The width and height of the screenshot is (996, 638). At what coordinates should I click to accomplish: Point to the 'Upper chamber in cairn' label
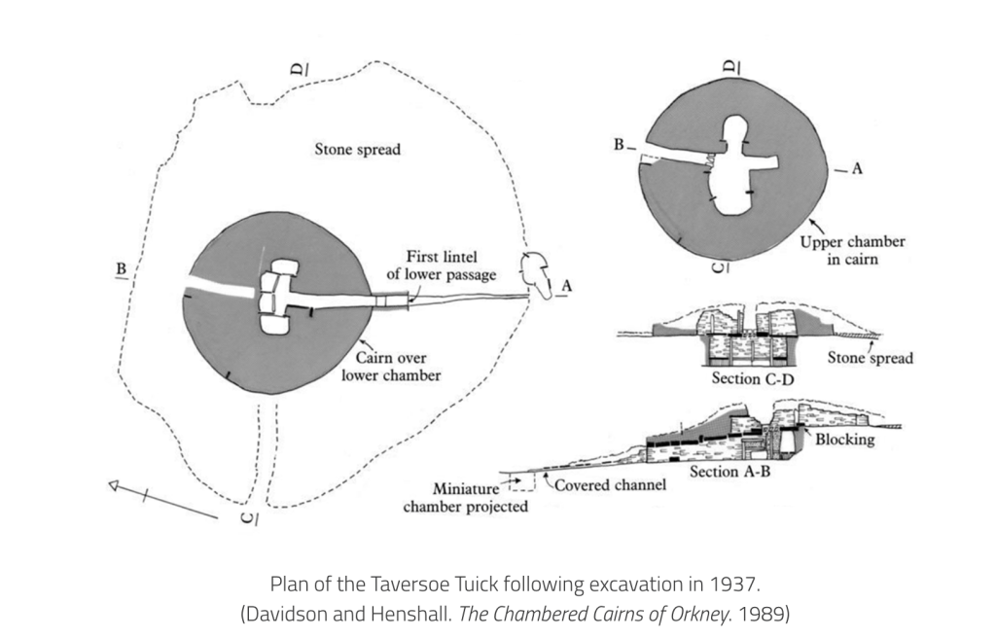coord(851,250)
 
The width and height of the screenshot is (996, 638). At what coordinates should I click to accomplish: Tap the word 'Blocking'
coord(845,440)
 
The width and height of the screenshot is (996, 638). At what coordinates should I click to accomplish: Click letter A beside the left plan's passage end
coord(566,285)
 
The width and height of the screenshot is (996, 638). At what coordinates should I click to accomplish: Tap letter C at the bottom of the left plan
coord(248,517)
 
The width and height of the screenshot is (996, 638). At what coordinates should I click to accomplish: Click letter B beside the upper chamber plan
coord(619,146)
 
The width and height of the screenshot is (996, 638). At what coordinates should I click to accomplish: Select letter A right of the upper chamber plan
coord(857,168)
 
